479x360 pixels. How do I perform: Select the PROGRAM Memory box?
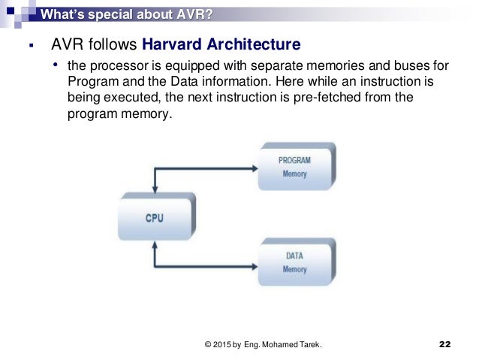[294, 167]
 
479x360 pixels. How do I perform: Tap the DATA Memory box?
[294, 262]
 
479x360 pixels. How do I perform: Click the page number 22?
[444, 344]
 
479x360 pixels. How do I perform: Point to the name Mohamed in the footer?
[282, 345]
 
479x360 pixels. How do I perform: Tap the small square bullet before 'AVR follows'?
[30, 47]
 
